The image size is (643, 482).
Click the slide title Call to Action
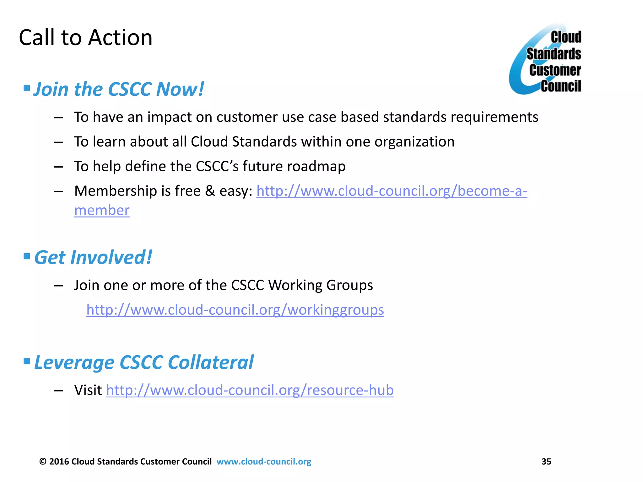(x=85, y=38)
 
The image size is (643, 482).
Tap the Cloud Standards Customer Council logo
(x=545, y=60)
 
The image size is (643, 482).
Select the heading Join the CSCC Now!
(x=119, y=89)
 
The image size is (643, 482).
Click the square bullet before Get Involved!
(x=27, y=256)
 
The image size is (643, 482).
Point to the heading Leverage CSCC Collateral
(x=143, y=362)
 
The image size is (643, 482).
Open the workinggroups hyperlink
(x=235, y=310)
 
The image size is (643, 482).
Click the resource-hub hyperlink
(x=250, y=390)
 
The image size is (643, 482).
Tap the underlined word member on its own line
(x=102, y=210)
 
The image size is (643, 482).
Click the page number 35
(x=546, y=461)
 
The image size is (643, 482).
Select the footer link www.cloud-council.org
(x=264, y=461)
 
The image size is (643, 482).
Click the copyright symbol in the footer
(x=43, y=461)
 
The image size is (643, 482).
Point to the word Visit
(x=88, y=390)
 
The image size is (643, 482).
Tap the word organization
(x=414, y=142)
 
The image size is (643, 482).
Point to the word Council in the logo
(x=561, y=86)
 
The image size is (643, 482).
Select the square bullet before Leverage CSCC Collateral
(x=27, y=361)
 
